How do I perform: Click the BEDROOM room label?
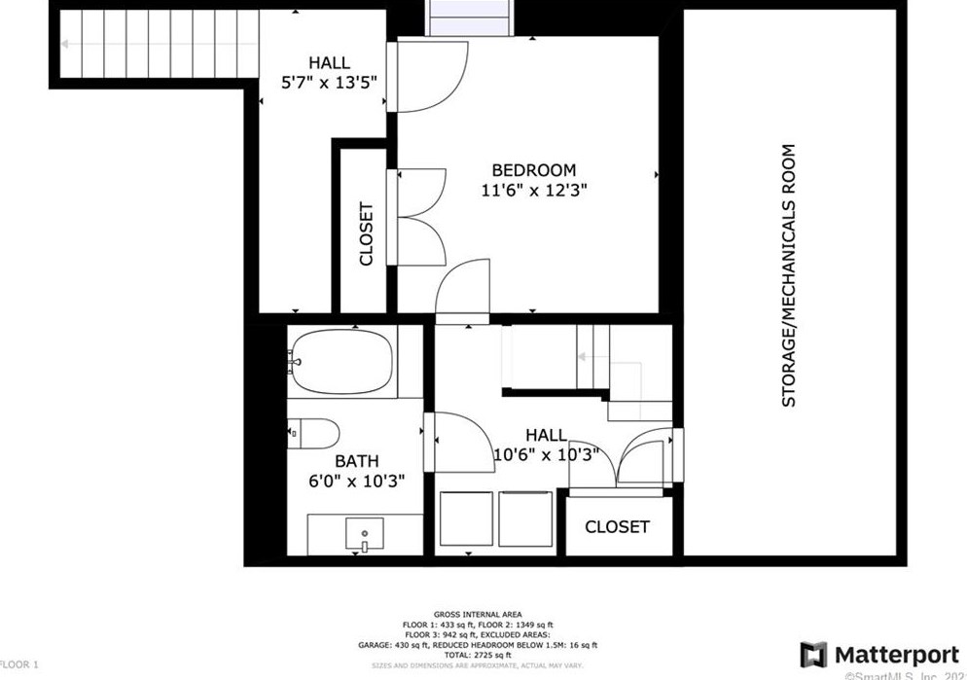533,169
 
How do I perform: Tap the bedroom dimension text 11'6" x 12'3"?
533,190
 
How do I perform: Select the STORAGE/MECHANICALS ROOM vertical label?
789,275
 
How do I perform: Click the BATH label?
356,461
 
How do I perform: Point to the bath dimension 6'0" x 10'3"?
356,481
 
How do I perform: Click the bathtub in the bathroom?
341,362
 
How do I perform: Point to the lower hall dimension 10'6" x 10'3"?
545,454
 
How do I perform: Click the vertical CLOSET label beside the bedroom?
366,233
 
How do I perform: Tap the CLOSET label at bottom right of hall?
617,526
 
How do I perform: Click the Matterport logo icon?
813,655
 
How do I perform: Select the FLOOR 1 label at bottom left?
19,664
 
